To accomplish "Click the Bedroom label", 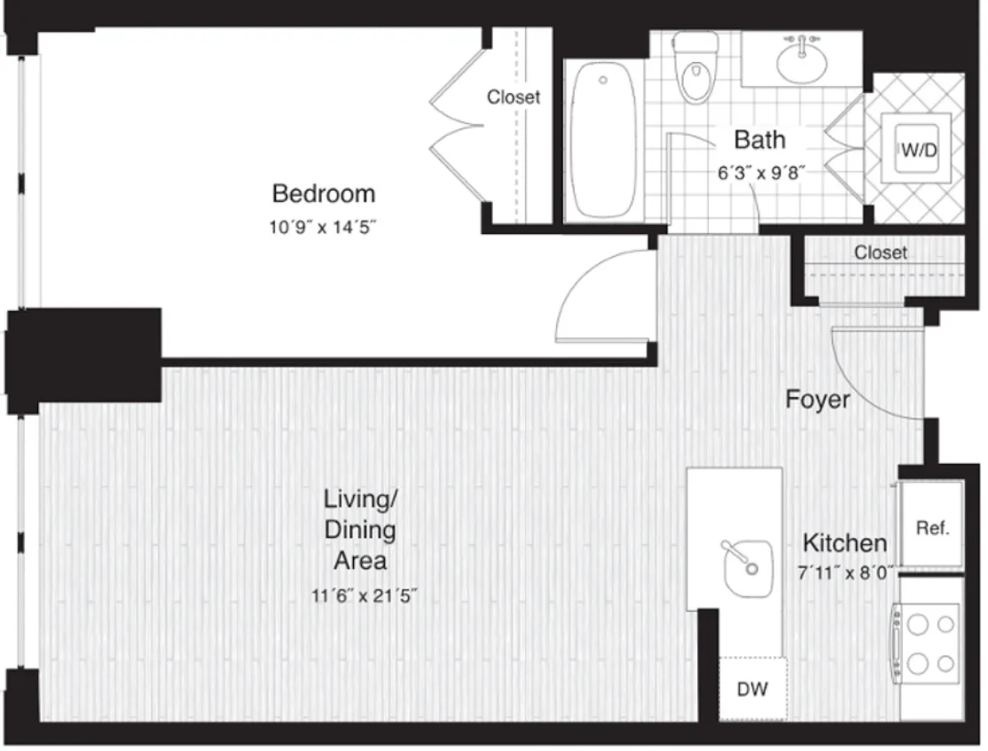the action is pyautogui.click(x=323, y=193).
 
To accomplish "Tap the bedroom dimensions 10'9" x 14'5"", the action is pyautogui.click(x=323, y=227).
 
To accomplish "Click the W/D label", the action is pyautogui.click(x=919, y=150).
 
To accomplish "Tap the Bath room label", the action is pyautogui.click(x=759, y=140).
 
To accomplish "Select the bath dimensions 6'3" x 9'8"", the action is pyautogui.click(x=761, y=173).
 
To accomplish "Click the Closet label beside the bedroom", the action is pyautogui.click(x=514, y=97).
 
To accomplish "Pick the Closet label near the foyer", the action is pyautogui.click(x=881, y=252).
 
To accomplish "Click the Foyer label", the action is pyautogui.click(x=817, y=400).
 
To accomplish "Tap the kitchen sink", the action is pyautogui.click(x=748, y=568).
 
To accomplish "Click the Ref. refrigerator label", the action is pyautogui.click(x=932, y=528).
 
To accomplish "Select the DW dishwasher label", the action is pyautogui.click(x=752, y=689).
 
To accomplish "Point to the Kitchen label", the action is pyautogui.click(x=844, y=544).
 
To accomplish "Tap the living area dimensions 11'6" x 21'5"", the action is pyautogui.click(x=365, y=595).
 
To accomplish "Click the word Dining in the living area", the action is pyautogui.click(x=360, y=530).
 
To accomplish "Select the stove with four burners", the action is pyautogui.click(x=928, y=643).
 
